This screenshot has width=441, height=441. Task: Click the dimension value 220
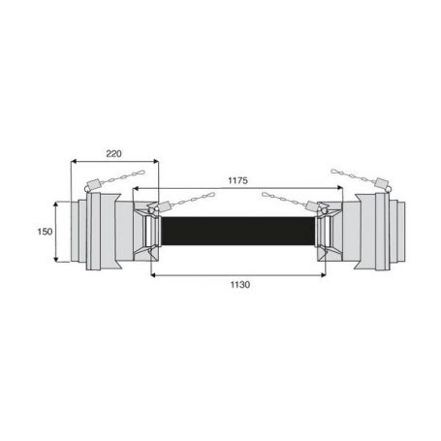pyautogui.click(x=113, y=154)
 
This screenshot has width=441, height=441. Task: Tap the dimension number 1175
pyautogui.click(x=237, y=180)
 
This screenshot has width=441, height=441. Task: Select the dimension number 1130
pyautogui.click(x=240, y=285)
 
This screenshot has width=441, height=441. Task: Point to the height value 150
pyautogui.click(x=45, y=232)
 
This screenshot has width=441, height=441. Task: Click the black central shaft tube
pyautogui.click(x=237, y=231)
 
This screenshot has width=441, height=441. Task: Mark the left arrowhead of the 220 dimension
pyautogui.click(x=74, y=161)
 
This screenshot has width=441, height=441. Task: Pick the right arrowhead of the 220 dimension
pyautogui.click(x=156, y=161)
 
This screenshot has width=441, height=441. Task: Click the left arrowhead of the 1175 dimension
pyautogui.click(x=136, y=188)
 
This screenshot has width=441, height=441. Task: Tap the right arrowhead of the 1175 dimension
pyautogui.click(x=339, y=188)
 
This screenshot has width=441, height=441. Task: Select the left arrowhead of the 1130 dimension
pyautogui.click(x=154, y=275)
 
